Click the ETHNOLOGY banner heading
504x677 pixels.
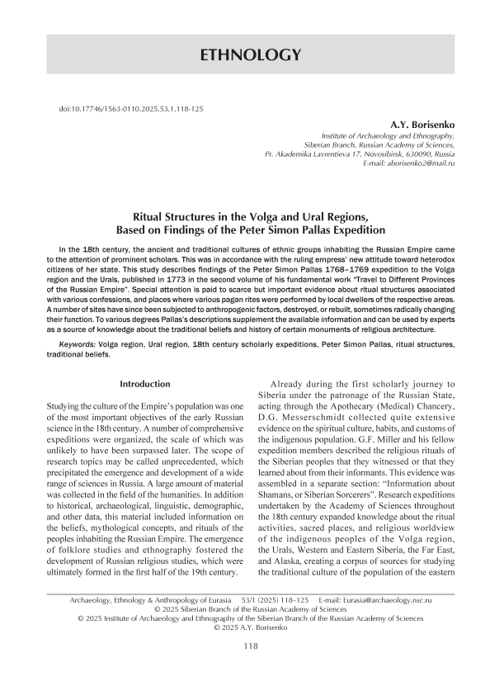[252, 55]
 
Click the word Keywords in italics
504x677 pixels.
[78, 341]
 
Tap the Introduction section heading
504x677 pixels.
[145, 384]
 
